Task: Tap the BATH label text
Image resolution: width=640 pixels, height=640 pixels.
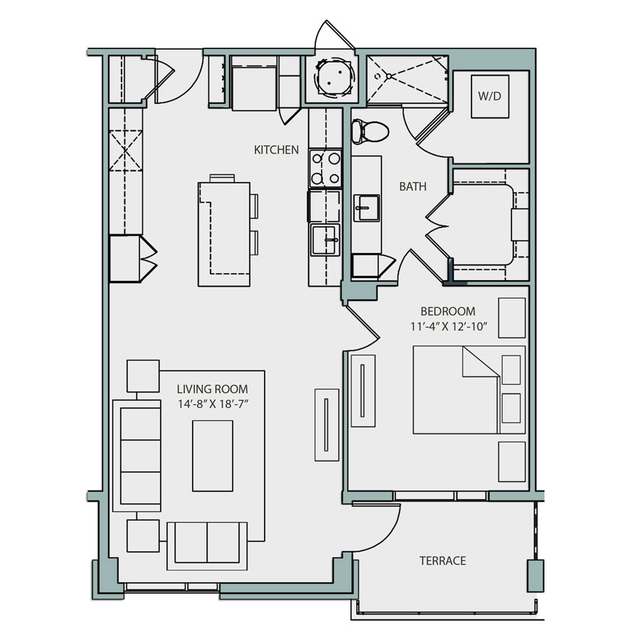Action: pyautogui.click(x=412, y=187)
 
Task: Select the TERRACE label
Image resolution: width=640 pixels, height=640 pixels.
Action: pyautogui.click(x=442, y=560)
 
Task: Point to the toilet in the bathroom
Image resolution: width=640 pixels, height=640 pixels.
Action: pyautogui.click(x=370, y=130)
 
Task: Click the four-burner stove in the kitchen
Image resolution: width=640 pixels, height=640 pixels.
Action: pyautogui.click(x=324, y=169)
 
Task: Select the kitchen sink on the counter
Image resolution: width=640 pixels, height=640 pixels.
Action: pyautogui.click(x=325, y=239)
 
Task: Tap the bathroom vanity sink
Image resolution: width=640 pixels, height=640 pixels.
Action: pyautogui.click(x=367, y=208)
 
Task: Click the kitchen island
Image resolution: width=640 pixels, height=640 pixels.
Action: pyautogui.click(x=224, y=233)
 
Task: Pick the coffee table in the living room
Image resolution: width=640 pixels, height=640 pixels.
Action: pyautogui.click(x=213, y=455)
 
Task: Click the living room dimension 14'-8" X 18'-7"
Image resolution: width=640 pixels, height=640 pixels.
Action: pyautogui.click(x=212, y=404)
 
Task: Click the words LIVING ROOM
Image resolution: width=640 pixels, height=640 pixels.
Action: pyautogui.click(x=212, y=389)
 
